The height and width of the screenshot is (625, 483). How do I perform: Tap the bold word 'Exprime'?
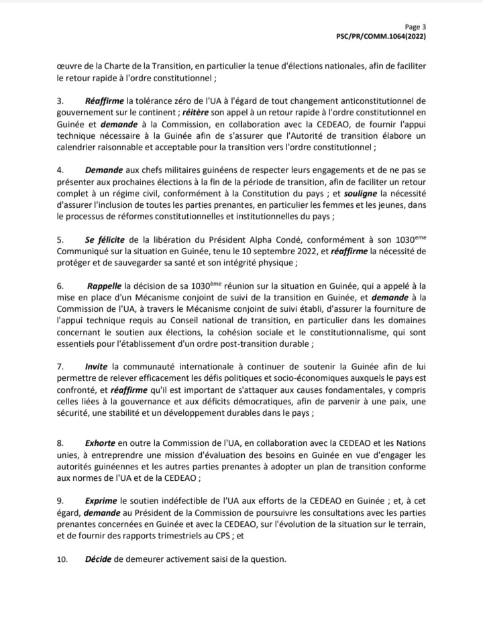pos(102,501)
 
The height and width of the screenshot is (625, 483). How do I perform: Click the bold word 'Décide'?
pos(99,559)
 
